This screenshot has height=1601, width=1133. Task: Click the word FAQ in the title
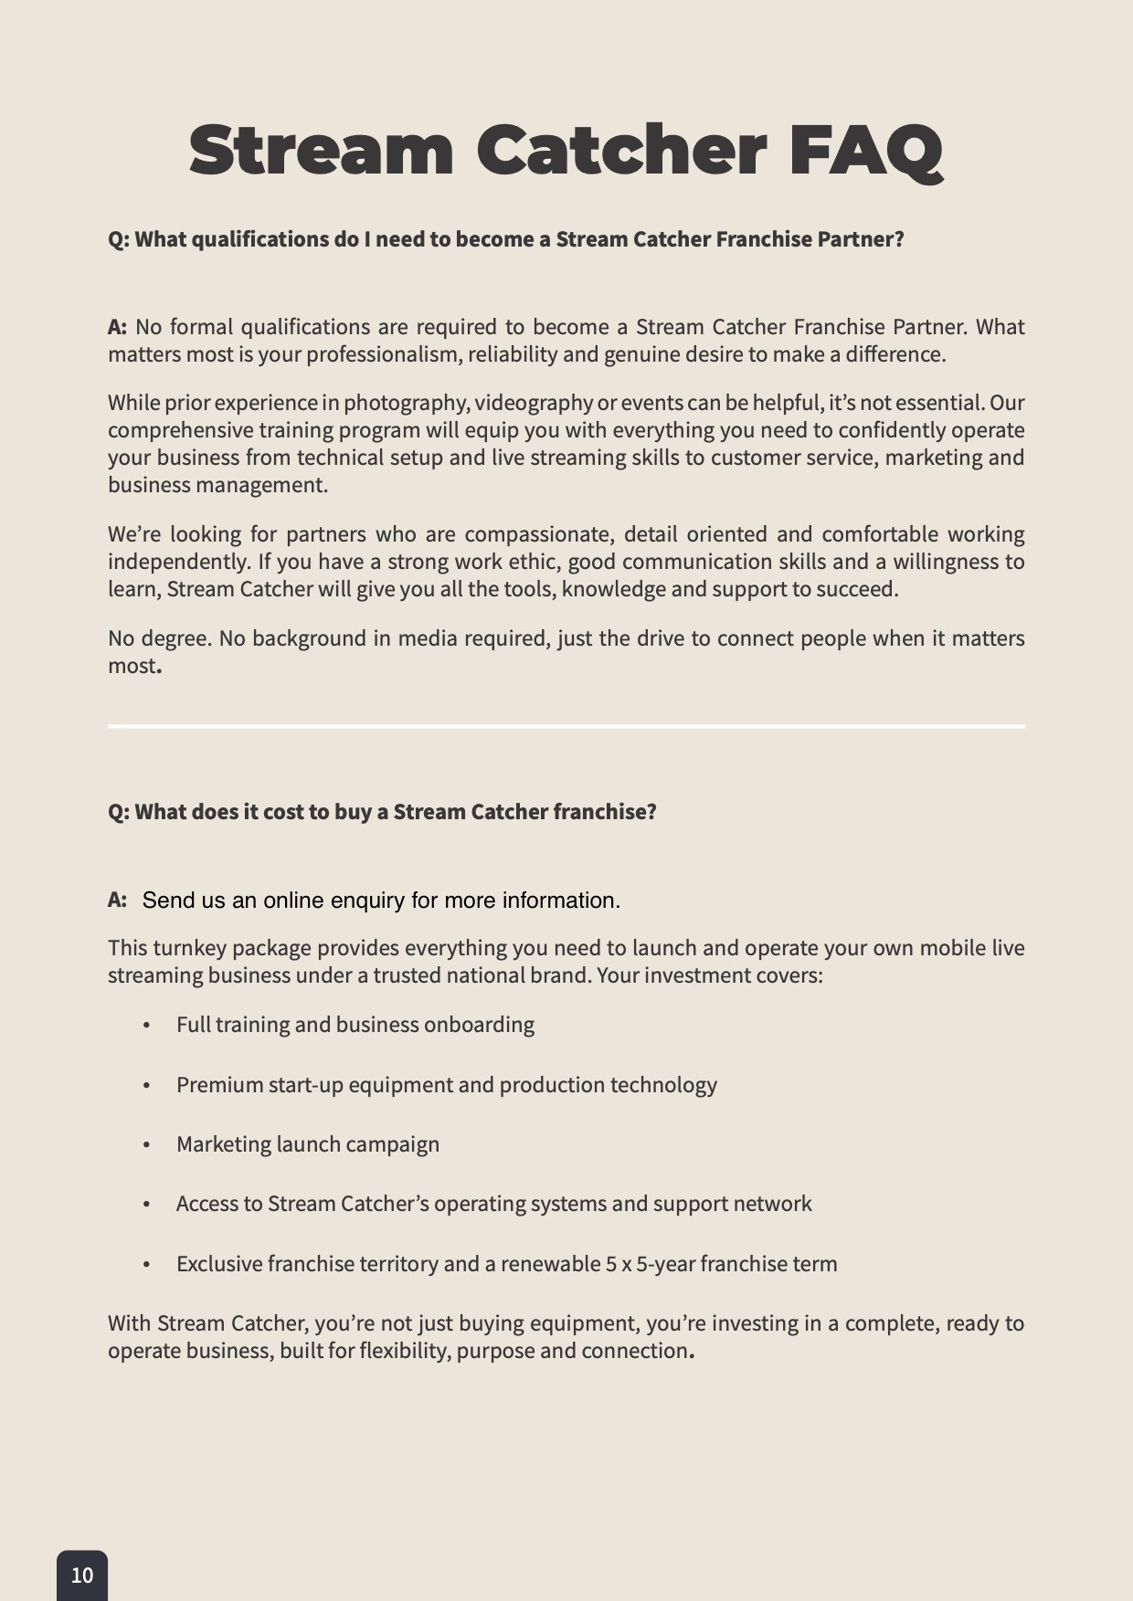(x=864, y=151)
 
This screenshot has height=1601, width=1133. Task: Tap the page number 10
(x=82, y=1575)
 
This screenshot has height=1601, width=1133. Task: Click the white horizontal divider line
(x=566, y=726)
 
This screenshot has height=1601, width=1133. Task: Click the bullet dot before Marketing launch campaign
(x=146, y=1145)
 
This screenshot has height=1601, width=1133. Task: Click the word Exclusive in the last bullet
(x=219, y=1264)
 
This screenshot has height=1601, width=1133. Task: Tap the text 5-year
(x=672, y=1264)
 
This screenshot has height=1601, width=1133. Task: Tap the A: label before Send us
(x=117, y=901)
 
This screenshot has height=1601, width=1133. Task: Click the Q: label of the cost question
(x=119, y=812)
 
